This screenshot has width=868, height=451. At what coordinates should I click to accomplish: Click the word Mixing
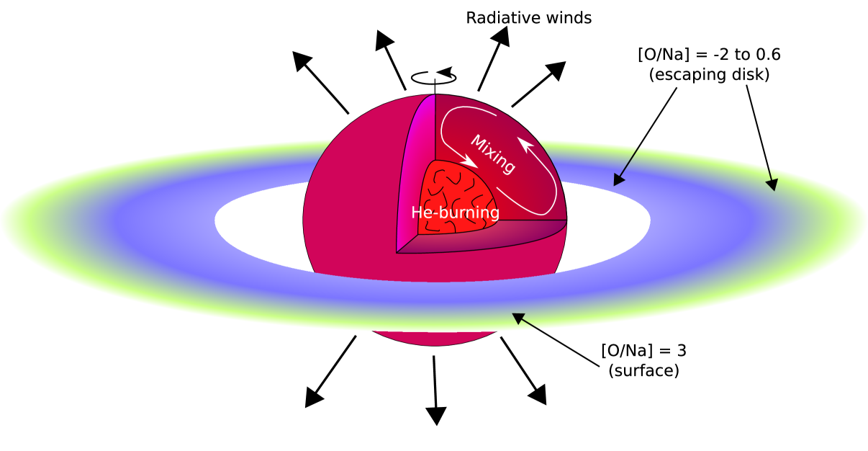[x=493, y=153]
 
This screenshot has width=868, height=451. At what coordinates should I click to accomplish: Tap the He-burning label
[x=455, y=213]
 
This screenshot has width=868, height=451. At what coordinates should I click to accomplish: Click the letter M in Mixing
[x=477, y=141]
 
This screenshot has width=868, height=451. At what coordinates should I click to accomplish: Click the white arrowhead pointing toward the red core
[x=471, y=164]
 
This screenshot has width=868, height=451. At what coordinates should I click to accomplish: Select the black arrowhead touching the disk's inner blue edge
[x=618, y=180]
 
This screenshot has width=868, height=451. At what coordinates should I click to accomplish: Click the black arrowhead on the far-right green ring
[x=772, y=185]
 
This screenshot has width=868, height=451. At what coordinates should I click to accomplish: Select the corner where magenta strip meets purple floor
[x=397, y=252]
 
